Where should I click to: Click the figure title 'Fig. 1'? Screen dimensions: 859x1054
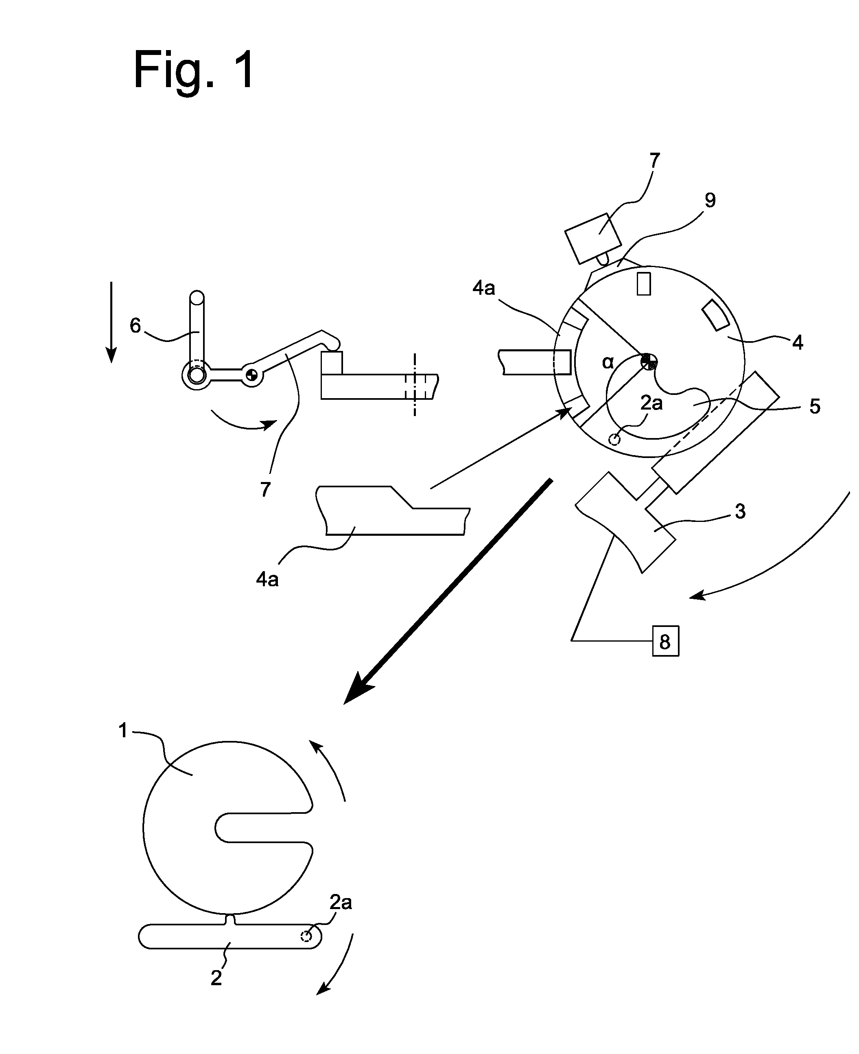click(194, 71)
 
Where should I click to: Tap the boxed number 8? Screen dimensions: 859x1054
click(665, 642)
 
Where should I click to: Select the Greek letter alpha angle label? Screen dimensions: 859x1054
click(608, 363)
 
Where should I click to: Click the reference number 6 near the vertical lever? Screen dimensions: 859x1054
click(135, 326)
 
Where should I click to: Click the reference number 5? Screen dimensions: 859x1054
click(815, 406)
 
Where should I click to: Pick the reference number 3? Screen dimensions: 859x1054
click(740, 511)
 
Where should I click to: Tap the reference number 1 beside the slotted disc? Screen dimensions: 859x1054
click(123, 731)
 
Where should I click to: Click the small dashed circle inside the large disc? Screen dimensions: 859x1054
click(614, 439)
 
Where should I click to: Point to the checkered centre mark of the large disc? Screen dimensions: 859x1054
click(648, 362)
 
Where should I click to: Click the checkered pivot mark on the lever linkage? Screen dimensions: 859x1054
click(251, 375)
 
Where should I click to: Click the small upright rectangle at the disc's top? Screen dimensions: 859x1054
click(644, 284)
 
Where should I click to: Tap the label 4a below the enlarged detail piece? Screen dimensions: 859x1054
click(267, 579)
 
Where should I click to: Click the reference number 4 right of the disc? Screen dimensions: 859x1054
click(797, 342)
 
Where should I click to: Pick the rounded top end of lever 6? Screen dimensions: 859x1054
click(197, 297)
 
